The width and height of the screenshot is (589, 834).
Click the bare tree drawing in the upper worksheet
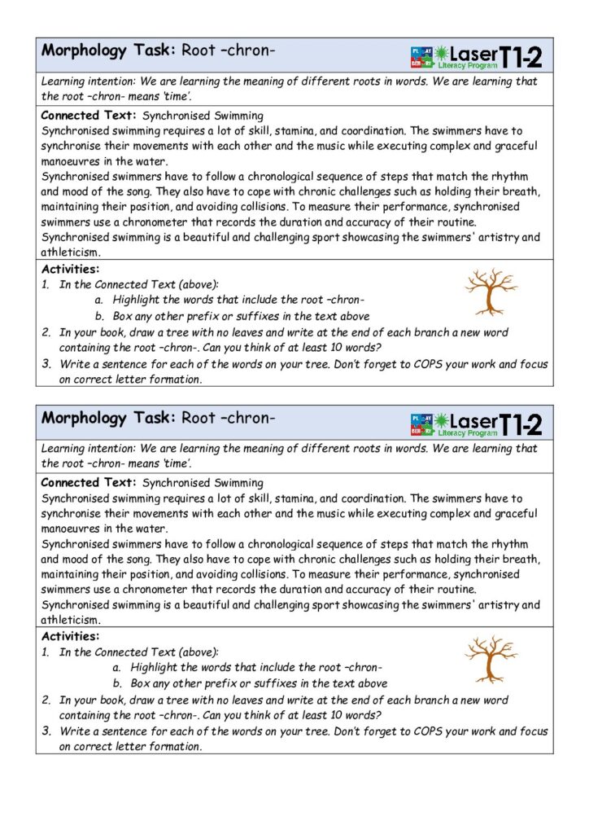pyautogui.click(x=490, y=292)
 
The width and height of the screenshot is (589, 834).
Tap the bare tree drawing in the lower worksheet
pyautogui.click(x=490, y=659)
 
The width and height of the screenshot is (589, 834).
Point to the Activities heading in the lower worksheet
pyautogui.click(x=70, y=636)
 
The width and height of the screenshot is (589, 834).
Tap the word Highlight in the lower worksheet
pyautogui.click(x=154, y=667)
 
